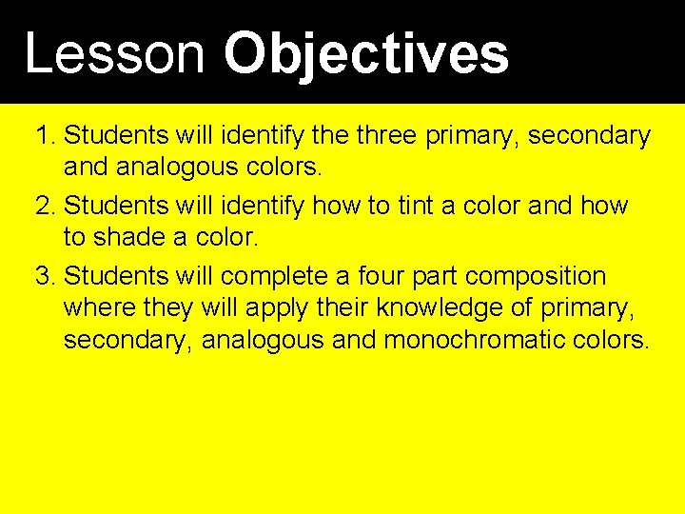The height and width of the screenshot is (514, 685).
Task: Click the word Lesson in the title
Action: click(x=114, y=53)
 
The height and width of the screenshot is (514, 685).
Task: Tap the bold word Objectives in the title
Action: click(x=366, y=53)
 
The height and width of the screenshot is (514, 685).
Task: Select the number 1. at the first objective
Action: click(x=46, y=136)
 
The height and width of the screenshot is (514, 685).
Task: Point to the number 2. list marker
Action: click(x=46, y=206)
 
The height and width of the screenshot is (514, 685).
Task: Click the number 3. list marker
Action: click(x=46, y=277)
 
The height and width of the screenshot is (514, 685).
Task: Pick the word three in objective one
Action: click(x=385, y=136)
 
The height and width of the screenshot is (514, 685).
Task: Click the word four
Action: click(x=371, y=277)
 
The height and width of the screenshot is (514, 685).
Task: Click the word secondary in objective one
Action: click(x=589, y=136)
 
